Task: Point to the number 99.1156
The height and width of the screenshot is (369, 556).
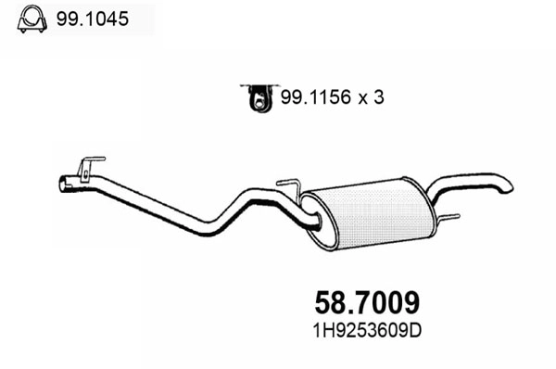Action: (x=310, y=95)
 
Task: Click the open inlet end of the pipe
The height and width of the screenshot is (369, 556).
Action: (x=65, y=184)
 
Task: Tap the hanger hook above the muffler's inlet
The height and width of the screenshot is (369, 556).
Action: (x=290, y=185)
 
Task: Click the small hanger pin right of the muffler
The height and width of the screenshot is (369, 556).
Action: (x=451, y=219)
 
